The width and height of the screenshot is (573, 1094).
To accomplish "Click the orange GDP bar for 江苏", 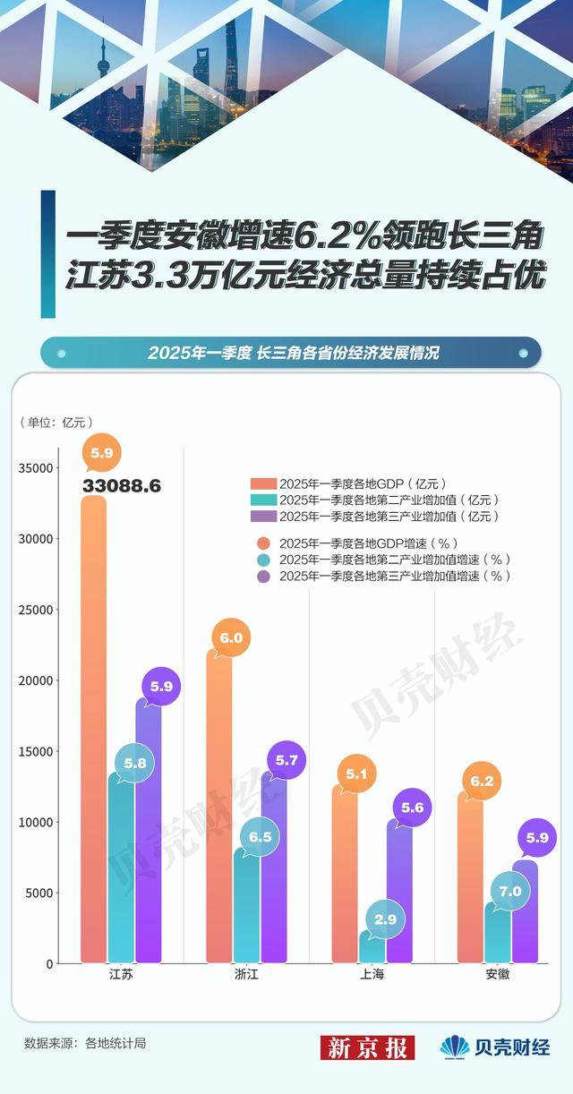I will tap(93, 734).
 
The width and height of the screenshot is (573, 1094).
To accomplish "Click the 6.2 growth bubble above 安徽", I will tap(483, 782).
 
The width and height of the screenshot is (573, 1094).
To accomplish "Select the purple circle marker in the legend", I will tap(262, 577).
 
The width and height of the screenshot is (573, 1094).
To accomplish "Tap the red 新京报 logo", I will tap(367, 1047).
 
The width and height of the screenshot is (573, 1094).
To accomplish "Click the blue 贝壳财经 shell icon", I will tap(454, 1047).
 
